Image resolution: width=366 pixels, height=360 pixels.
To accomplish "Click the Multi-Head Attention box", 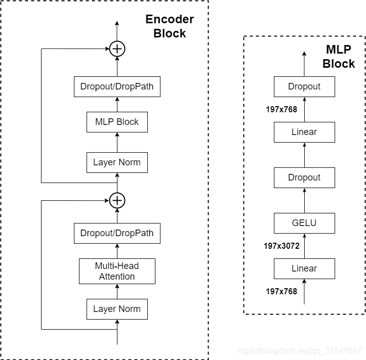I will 117,271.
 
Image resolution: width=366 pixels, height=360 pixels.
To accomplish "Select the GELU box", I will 304,222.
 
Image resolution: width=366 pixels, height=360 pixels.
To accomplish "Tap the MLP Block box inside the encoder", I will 117,122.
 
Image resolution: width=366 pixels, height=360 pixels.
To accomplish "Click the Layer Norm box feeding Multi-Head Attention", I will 117,309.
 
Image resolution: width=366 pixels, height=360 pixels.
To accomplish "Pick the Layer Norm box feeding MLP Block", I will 117,162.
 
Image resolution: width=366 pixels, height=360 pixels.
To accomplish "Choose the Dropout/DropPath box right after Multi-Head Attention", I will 117,233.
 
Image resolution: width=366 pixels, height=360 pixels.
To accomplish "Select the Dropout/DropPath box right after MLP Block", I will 117,86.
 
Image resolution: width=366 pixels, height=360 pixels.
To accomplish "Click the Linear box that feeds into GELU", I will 304,268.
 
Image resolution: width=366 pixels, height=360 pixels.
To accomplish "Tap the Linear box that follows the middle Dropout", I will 304,132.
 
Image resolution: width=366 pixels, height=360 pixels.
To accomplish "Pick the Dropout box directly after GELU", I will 304,177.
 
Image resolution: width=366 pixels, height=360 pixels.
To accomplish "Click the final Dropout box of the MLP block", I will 304,86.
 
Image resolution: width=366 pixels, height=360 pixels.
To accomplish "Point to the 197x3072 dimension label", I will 281,246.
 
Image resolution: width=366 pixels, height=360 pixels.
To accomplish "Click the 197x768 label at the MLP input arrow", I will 281,291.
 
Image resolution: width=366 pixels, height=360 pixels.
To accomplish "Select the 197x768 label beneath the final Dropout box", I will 281,109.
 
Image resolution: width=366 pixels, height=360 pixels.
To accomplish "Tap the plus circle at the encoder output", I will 117,49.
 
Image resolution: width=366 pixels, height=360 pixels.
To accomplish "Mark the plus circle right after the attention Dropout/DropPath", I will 117,201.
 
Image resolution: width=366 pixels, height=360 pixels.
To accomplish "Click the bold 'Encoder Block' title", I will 170,27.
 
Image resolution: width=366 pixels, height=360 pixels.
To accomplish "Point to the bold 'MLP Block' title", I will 339,57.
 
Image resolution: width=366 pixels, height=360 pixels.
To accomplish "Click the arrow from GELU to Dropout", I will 304,200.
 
